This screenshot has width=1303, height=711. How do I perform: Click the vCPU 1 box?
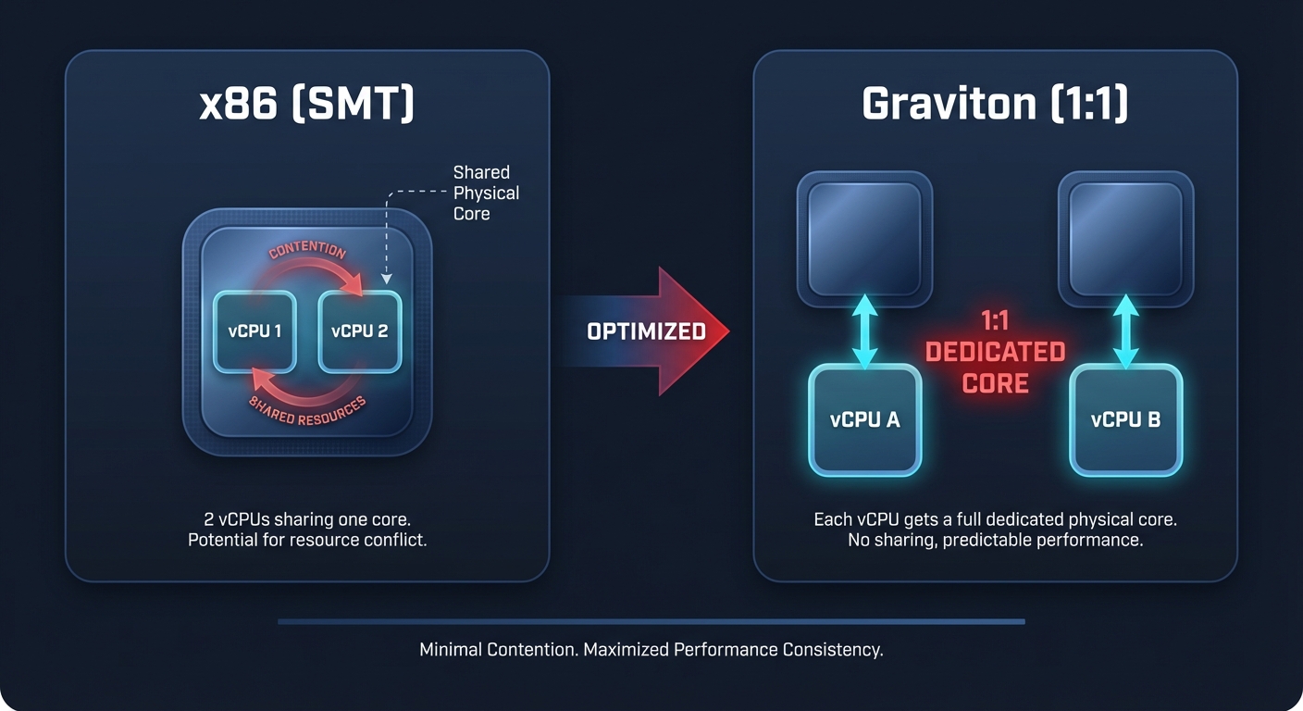click(x=254, y=331)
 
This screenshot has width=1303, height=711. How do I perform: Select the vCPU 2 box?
click(x=360, y=331)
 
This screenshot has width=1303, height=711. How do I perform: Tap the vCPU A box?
click(x=865, y=420)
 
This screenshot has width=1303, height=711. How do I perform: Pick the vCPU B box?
click(x=1126, y=420)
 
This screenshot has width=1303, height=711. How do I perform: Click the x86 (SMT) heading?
click(x=307, y=105)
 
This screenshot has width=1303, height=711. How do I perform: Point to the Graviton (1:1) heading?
click(x=995, y=105)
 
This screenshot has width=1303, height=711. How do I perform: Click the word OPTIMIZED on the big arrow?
click(x=646, y=331)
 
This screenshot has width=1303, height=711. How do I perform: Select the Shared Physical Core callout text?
click(x=486, y=193)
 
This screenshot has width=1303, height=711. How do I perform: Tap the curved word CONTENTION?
click(x=307, y=252)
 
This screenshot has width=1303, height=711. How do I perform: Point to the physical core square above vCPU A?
click(x=865, y=238)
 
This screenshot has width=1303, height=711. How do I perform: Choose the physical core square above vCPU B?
click(x=1126, y=238)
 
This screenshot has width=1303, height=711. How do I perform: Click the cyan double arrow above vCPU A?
click(x=865, y=332)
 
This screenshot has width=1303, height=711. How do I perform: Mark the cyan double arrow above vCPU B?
click(x=1126, y=332)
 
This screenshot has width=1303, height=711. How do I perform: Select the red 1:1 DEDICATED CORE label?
click(x=995, y=352)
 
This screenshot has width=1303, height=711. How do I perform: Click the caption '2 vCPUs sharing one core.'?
click(x=307, y=518)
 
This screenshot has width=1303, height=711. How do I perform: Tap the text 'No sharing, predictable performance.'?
click(x=995, y=540)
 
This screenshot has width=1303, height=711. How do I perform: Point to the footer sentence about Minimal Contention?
click(x=651, y=649)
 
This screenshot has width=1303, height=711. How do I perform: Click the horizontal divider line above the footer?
click(x=651, y=621)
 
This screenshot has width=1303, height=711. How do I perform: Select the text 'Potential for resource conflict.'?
click(x=307, y=540)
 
